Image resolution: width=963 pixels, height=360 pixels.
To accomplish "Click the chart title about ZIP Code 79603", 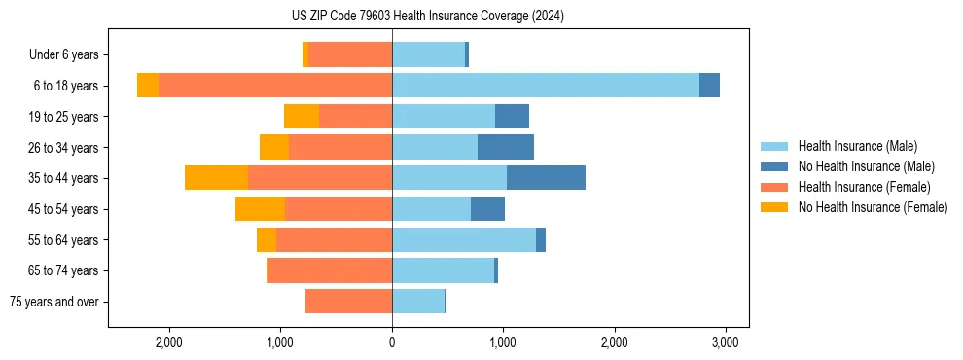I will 427,16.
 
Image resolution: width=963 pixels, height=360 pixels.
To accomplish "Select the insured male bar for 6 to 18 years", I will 545,86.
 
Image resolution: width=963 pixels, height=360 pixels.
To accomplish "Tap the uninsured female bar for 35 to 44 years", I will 216,178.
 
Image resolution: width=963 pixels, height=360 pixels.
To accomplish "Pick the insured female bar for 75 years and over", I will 348,302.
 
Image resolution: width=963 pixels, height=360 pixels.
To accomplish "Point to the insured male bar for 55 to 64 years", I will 463,240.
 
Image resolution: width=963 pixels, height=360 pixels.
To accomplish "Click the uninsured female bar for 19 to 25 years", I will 302,117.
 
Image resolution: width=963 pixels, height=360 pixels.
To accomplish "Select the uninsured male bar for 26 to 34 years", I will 506,147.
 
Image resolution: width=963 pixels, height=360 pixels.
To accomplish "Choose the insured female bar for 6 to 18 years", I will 275,86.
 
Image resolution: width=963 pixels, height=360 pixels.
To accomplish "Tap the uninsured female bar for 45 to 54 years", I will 260,209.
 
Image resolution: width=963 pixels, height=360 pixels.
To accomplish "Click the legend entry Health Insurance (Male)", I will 857,146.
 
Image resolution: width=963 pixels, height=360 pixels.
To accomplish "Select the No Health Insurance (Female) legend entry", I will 873,206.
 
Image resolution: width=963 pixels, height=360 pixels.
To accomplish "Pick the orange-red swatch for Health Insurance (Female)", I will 774,187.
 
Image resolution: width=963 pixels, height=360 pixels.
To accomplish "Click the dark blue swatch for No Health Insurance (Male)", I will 774,166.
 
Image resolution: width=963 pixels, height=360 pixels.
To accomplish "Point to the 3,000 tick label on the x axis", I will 725,342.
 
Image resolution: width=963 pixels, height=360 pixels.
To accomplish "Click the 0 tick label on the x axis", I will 392,342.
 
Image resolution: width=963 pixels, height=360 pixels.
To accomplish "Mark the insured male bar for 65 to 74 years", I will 443,270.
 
